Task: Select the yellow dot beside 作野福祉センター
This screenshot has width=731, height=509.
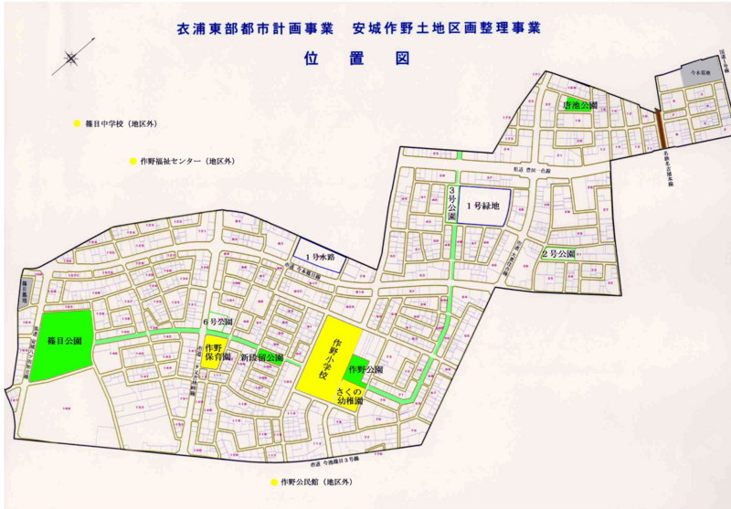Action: tap(132, 161)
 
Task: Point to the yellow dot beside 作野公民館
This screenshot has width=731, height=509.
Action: tap(272, 482)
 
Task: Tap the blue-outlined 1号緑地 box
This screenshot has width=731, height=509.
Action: tap(482, 207)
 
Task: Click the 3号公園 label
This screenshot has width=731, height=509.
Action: tap(450, 203)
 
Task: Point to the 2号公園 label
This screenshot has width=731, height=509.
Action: tap(557, 253)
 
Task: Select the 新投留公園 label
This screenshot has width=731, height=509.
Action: tap(262, 357)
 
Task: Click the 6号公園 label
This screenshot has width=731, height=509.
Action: tap(217, 323)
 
